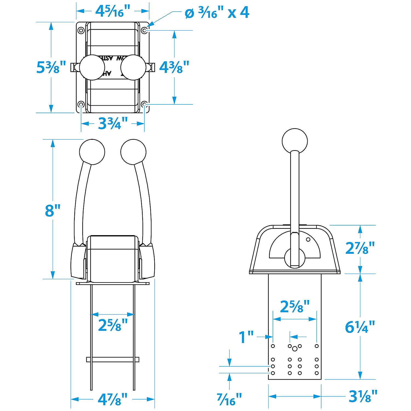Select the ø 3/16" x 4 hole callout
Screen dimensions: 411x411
[x=217, y=13]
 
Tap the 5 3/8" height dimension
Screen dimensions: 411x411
[x=51, y=67]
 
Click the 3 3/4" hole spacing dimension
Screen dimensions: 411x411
[x=113, y=124]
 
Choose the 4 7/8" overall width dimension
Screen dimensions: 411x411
[x=113, y=399]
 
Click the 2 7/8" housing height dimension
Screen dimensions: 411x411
[x=360, y=248]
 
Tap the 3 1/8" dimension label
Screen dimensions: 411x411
[x=363, y=396]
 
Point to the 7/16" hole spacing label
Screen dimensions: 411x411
[x=229, y=399]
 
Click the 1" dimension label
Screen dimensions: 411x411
[x=246, y=337]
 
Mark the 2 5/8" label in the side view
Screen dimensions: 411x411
[x=295, y=306]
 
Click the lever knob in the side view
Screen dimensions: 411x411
[x=295, y=141]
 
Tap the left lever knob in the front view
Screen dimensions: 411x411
[x=92, y=152]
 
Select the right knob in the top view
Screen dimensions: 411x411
[x=133, y=67]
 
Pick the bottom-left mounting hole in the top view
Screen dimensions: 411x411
[x=81, y=104]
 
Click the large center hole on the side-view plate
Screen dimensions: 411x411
[x=295, y=349]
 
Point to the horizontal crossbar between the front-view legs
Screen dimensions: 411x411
[x=113, y=359]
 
